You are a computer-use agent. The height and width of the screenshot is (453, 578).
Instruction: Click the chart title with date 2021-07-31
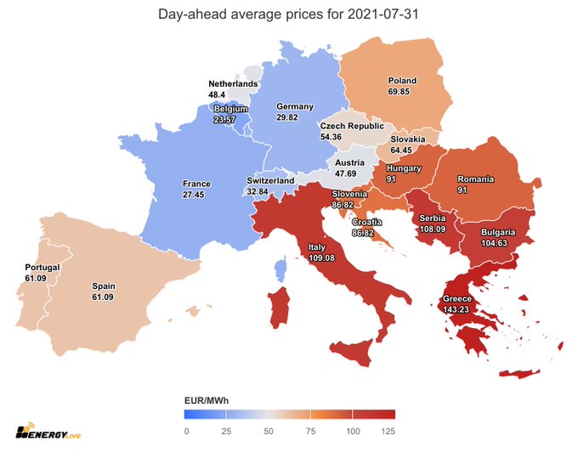pos(288,14)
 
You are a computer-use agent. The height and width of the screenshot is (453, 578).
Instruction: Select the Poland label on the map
pos(401,82)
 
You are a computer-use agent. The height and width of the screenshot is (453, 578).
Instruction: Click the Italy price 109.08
pos(316,258)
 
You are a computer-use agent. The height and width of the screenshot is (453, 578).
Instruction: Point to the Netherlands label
pos(234,83)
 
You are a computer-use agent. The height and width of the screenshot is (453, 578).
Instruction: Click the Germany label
pos(294,107)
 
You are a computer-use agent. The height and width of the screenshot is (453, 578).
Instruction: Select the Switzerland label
pos(270,181)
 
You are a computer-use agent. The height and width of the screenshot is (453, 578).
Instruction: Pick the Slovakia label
pos(407,139)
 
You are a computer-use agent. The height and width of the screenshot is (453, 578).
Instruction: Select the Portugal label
pos(42,267)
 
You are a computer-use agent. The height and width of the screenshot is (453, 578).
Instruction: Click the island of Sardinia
pos(279,308)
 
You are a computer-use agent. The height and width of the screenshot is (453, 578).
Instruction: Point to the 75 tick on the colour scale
pos(310,431)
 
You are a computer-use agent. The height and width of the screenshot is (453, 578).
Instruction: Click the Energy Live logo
pos(47,430)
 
